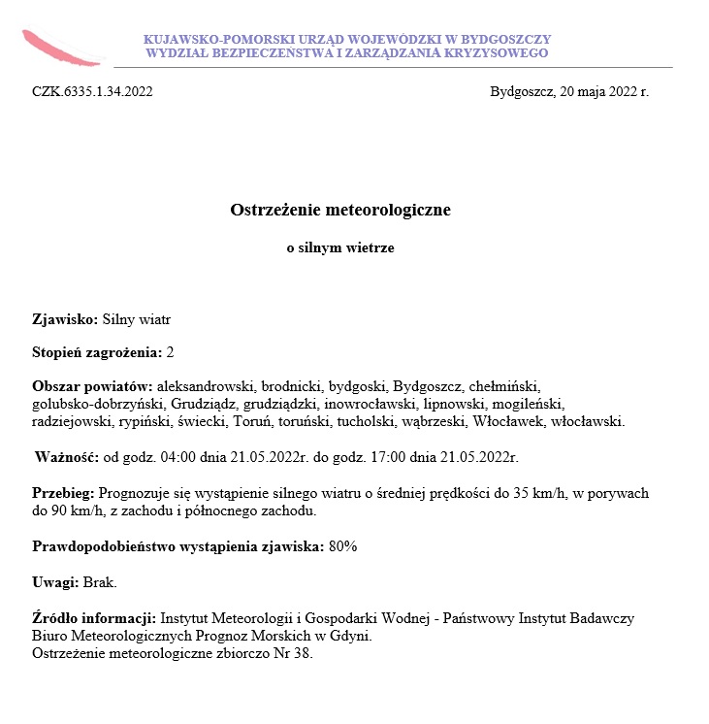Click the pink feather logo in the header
pyautogui.click(x=60, y=48)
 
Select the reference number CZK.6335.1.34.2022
pyautogui.click(x=92, y=93)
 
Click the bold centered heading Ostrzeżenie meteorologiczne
pyautogui.click(x=340, y=210)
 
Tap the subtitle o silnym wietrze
pyautogui.click(x=340, y=248)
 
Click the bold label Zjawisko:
pyautogui.click(x=65, y=317)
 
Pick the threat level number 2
pyautogui.click(x=171, y=351)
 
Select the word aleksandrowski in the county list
pyautogui.click(x=206, y=385)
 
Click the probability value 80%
pyautogui.click(x=343, y=545)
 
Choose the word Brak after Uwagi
pyautogui.click(x=100, y=581)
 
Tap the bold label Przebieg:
pyautogui.click(x=63, y=492)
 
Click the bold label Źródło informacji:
pyautogui.click(x=94, y=617)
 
